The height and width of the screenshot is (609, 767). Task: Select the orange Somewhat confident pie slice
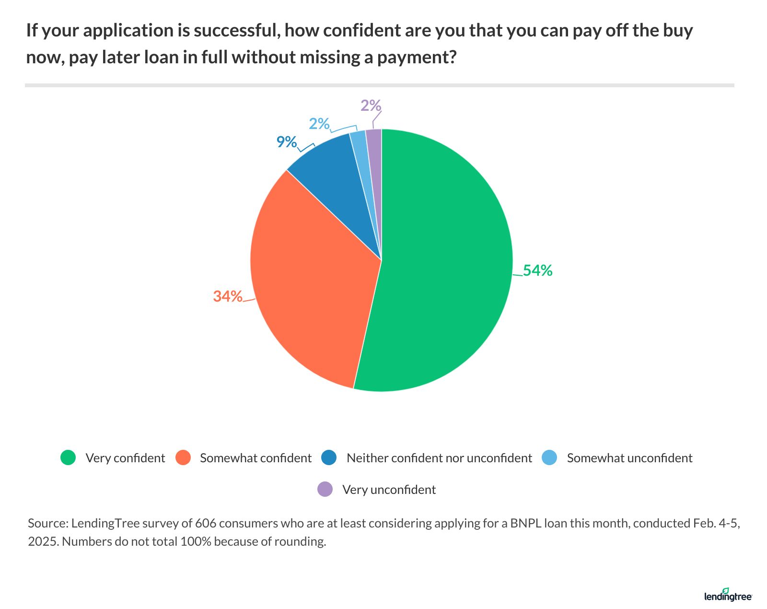(312, 278)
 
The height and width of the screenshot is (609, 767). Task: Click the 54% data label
(537, 271)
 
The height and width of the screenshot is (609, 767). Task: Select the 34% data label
(228, 296)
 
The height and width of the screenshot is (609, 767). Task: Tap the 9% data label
(287, 142)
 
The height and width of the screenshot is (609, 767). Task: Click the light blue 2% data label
(319, 124)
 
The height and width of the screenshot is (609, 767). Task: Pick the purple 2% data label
(371, 105)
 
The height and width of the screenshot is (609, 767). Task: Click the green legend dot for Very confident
(69, 458)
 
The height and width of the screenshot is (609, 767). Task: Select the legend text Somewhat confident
(256, 458)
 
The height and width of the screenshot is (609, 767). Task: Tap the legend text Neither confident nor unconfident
(439, 458)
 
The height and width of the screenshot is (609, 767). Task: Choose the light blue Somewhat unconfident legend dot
(549, 458)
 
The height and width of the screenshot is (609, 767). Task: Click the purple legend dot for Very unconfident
(325, 490)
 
